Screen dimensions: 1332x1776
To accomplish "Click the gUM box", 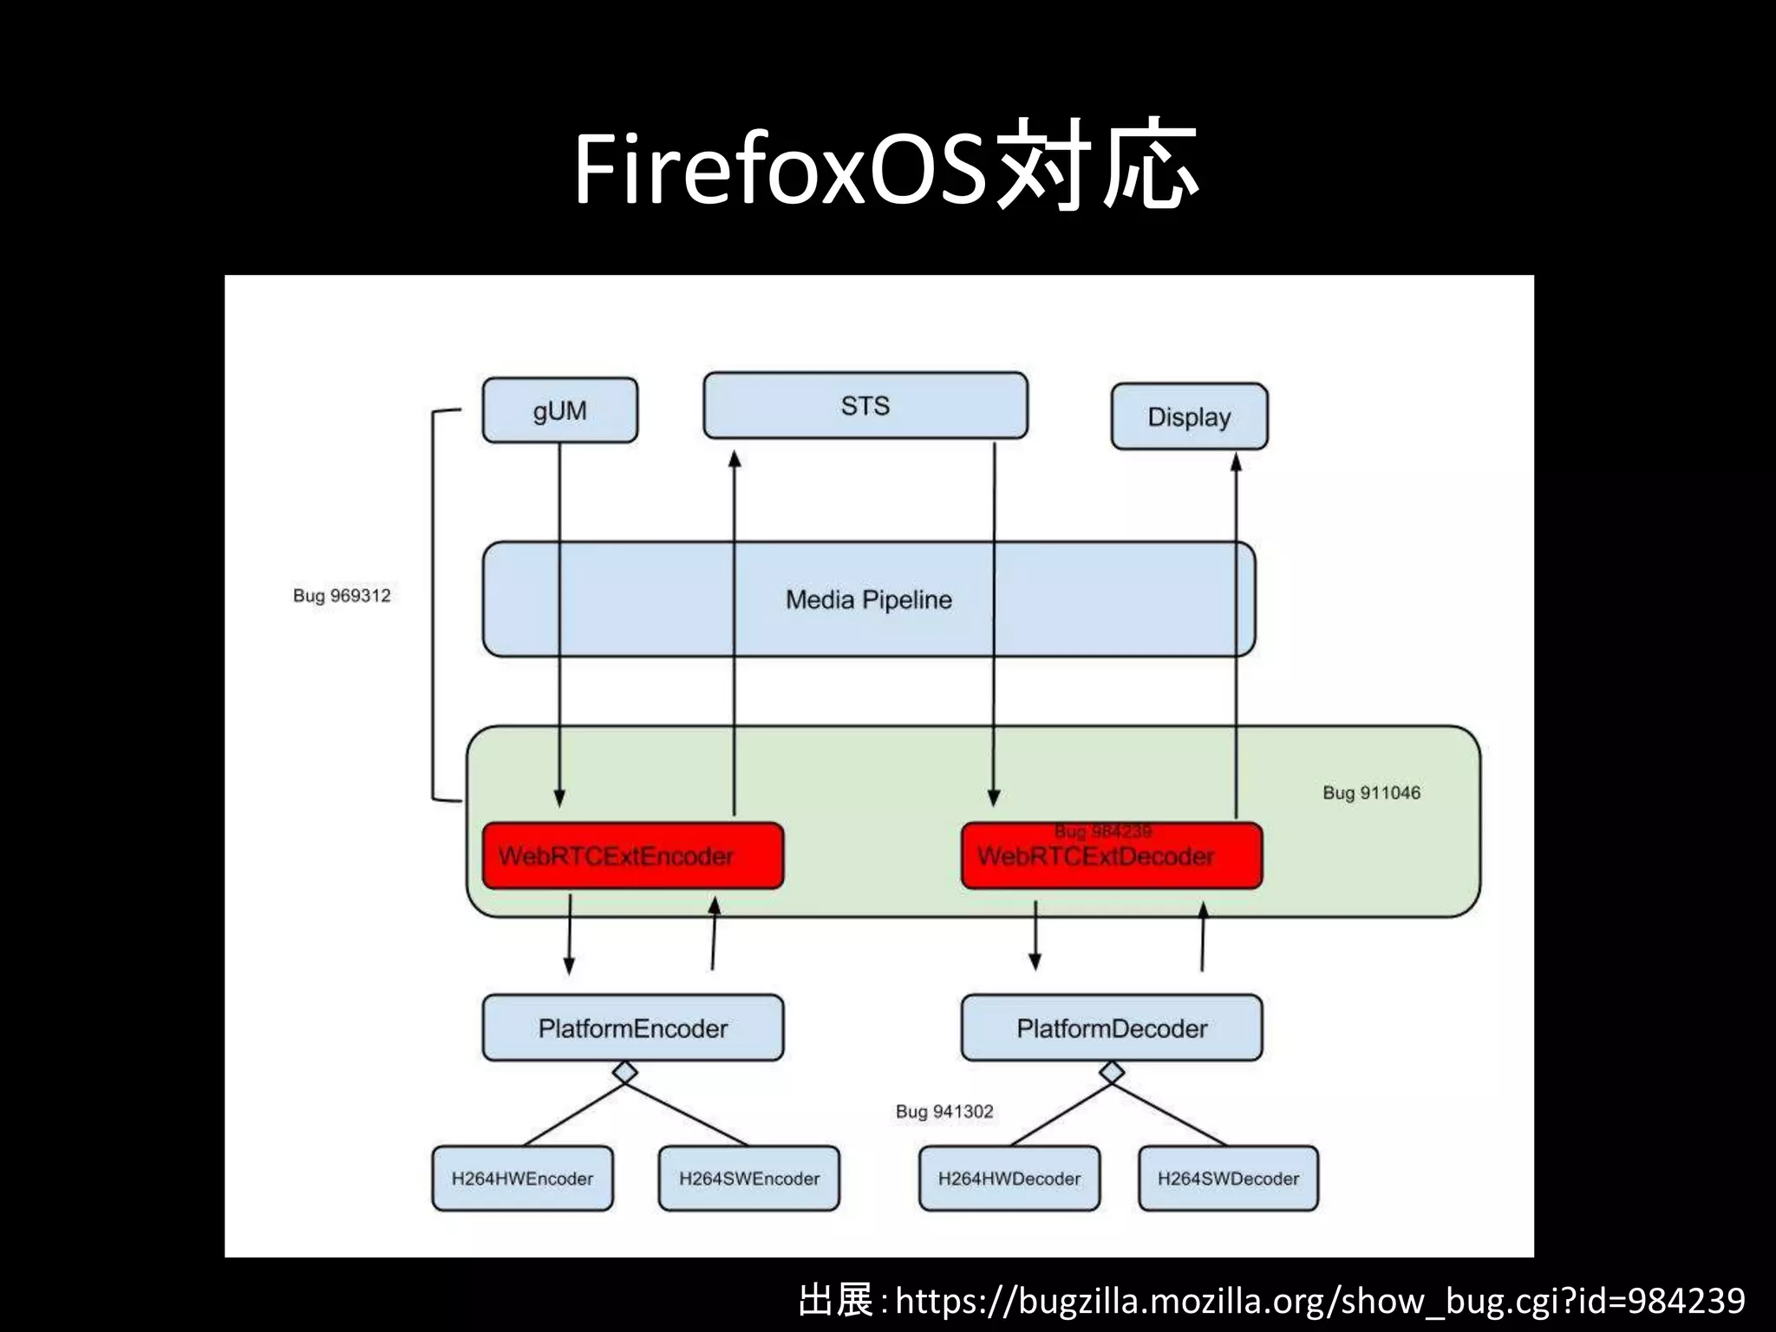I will click(559, 410).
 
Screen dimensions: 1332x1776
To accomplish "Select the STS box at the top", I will click(865, 406).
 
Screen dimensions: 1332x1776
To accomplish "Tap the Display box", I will click(1189, 417).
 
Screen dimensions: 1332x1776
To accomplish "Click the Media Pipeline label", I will click(868, 600).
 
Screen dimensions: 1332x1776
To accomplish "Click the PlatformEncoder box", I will click(632, 1028).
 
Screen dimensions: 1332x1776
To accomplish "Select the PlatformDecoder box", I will click(1111, 1028).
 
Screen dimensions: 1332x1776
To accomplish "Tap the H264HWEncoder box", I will click(522, 1179).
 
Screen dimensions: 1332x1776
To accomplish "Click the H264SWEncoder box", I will click(748, 1179).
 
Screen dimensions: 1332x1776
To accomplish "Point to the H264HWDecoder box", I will click(1009, 1179).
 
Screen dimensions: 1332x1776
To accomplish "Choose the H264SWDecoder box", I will click(1228, 1179).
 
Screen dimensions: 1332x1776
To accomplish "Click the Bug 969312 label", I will click(342, 596).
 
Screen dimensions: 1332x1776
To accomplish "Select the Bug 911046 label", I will click(1371, 793).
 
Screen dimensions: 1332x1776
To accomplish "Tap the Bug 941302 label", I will click(944, 1112).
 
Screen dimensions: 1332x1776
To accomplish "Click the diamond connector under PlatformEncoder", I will click(625, 1073).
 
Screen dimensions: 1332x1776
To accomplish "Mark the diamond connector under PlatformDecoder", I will click(1112, 1073).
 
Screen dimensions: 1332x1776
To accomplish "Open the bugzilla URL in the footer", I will click(1319, 1301).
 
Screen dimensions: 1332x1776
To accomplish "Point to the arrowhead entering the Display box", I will click(1237, 462).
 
